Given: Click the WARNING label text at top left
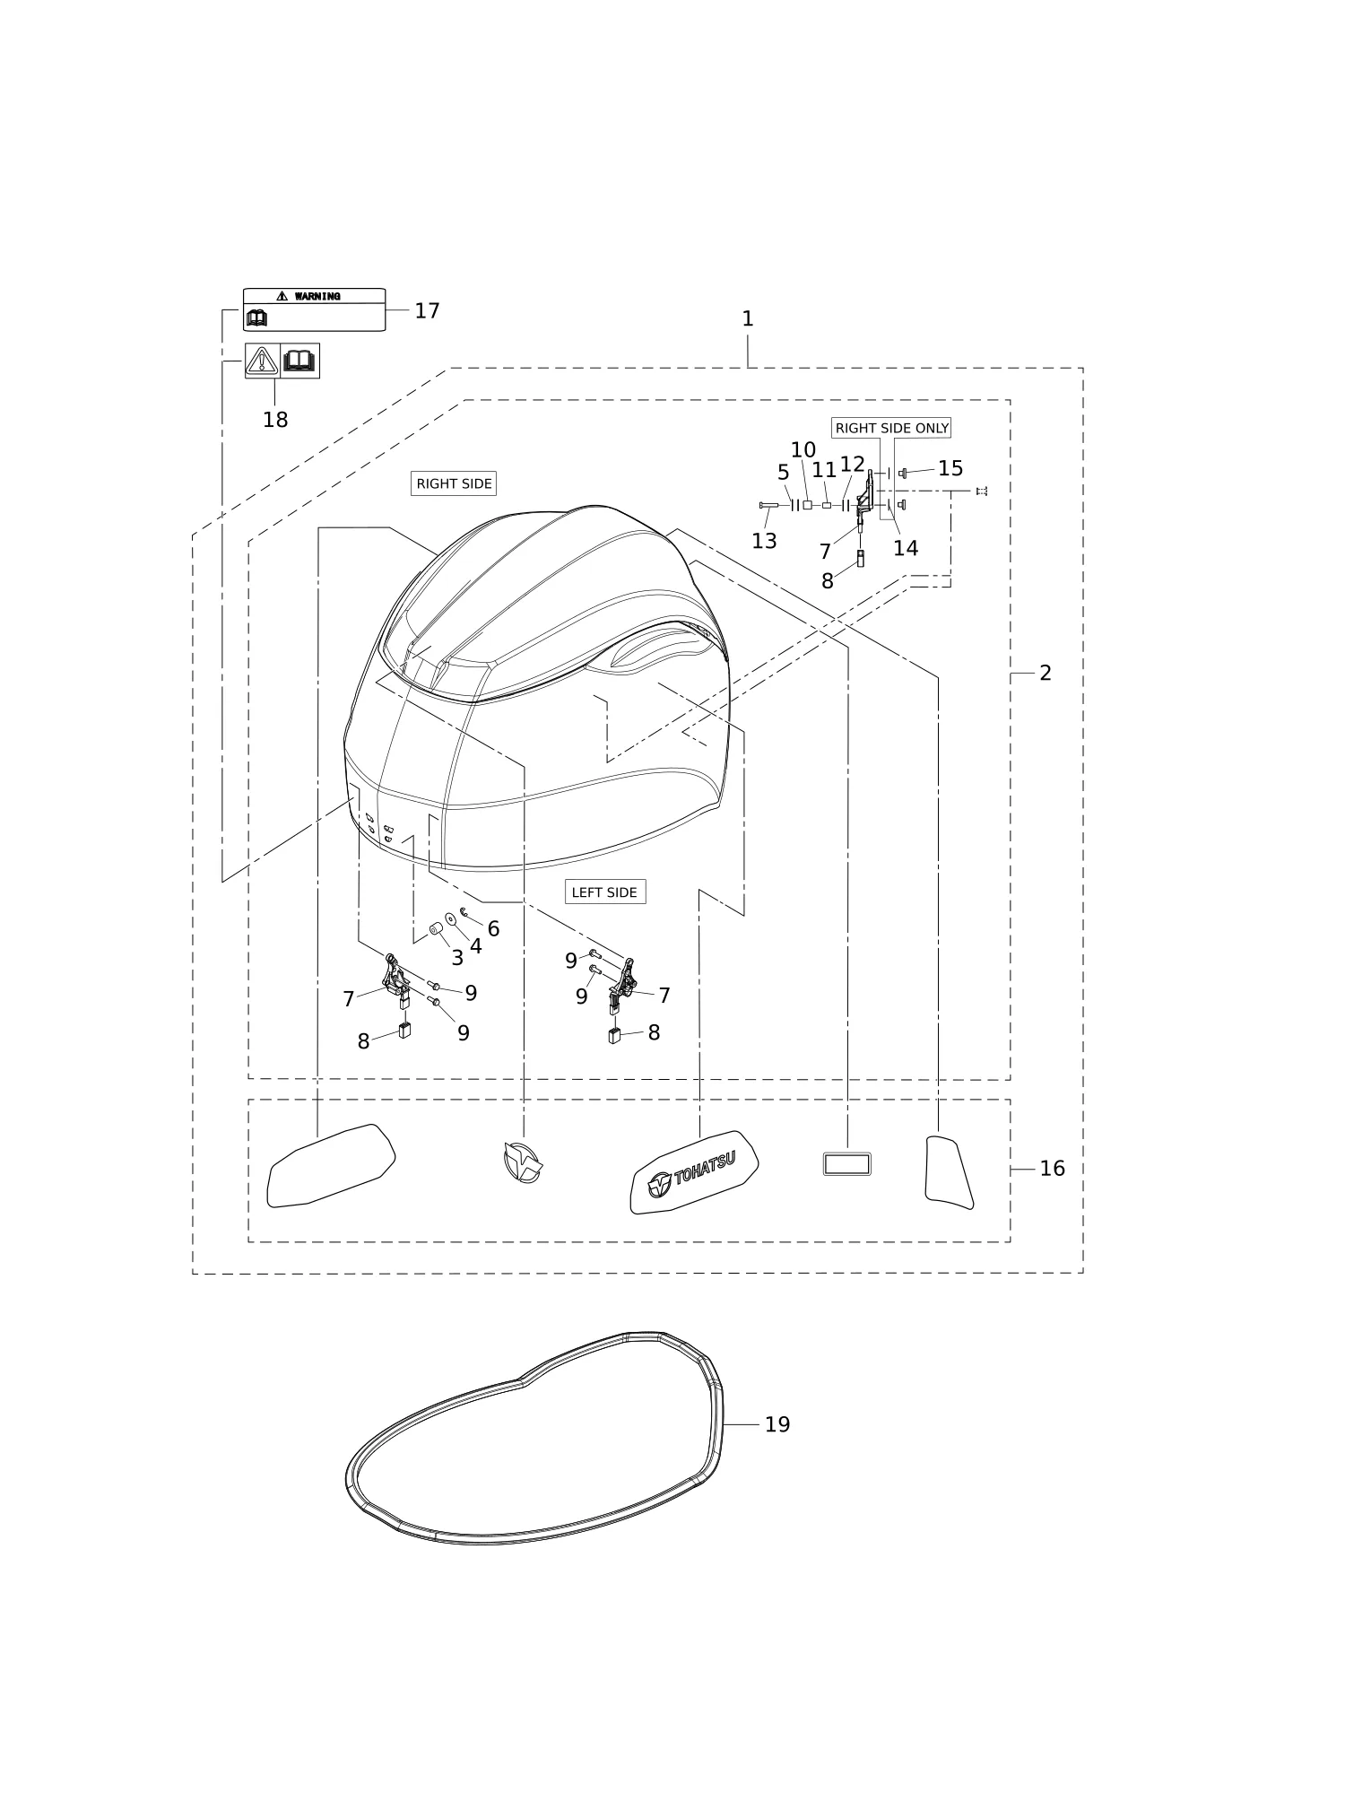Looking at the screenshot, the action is (x=317, y=296).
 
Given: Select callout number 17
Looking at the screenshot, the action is (x=427, y=310).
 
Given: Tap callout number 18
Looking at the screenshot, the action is (x=275, y=420).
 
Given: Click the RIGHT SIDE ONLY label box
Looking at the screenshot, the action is (x=891, y=428).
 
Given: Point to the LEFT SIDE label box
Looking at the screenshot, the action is (x=604, y=892).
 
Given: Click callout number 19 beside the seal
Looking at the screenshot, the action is (x=777, y=1424).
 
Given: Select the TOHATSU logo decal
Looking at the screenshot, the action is (x=694, y=1172).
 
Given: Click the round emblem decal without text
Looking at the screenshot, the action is (x=523, y=1162).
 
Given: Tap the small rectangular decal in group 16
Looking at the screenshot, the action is (x=847, y=1164).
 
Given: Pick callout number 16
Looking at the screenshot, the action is (x=1053, y=1169).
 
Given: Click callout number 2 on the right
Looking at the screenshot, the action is (x=1046, y=674).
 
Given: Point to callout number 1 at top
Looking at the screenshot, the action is (x=748, y=319).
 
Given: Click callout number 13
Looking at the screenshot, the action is (x=764, y=541).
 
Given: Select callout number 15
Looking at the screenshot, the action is (x=950, y=468).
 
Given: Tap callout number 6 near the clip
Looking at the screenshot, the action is (x=493, y=929).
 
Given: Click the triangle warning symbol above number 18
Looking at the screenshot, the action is (x=262, y=361).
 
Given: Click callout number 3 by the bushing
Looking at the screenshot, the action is (x=457, y=958).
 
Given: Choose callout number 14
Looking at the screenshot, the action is (x=906, y=548).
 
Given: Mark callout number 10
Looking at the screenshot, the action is (x=803, y=450).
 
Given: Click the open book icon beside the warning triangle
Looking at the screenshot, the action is (x=300, y=361).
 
